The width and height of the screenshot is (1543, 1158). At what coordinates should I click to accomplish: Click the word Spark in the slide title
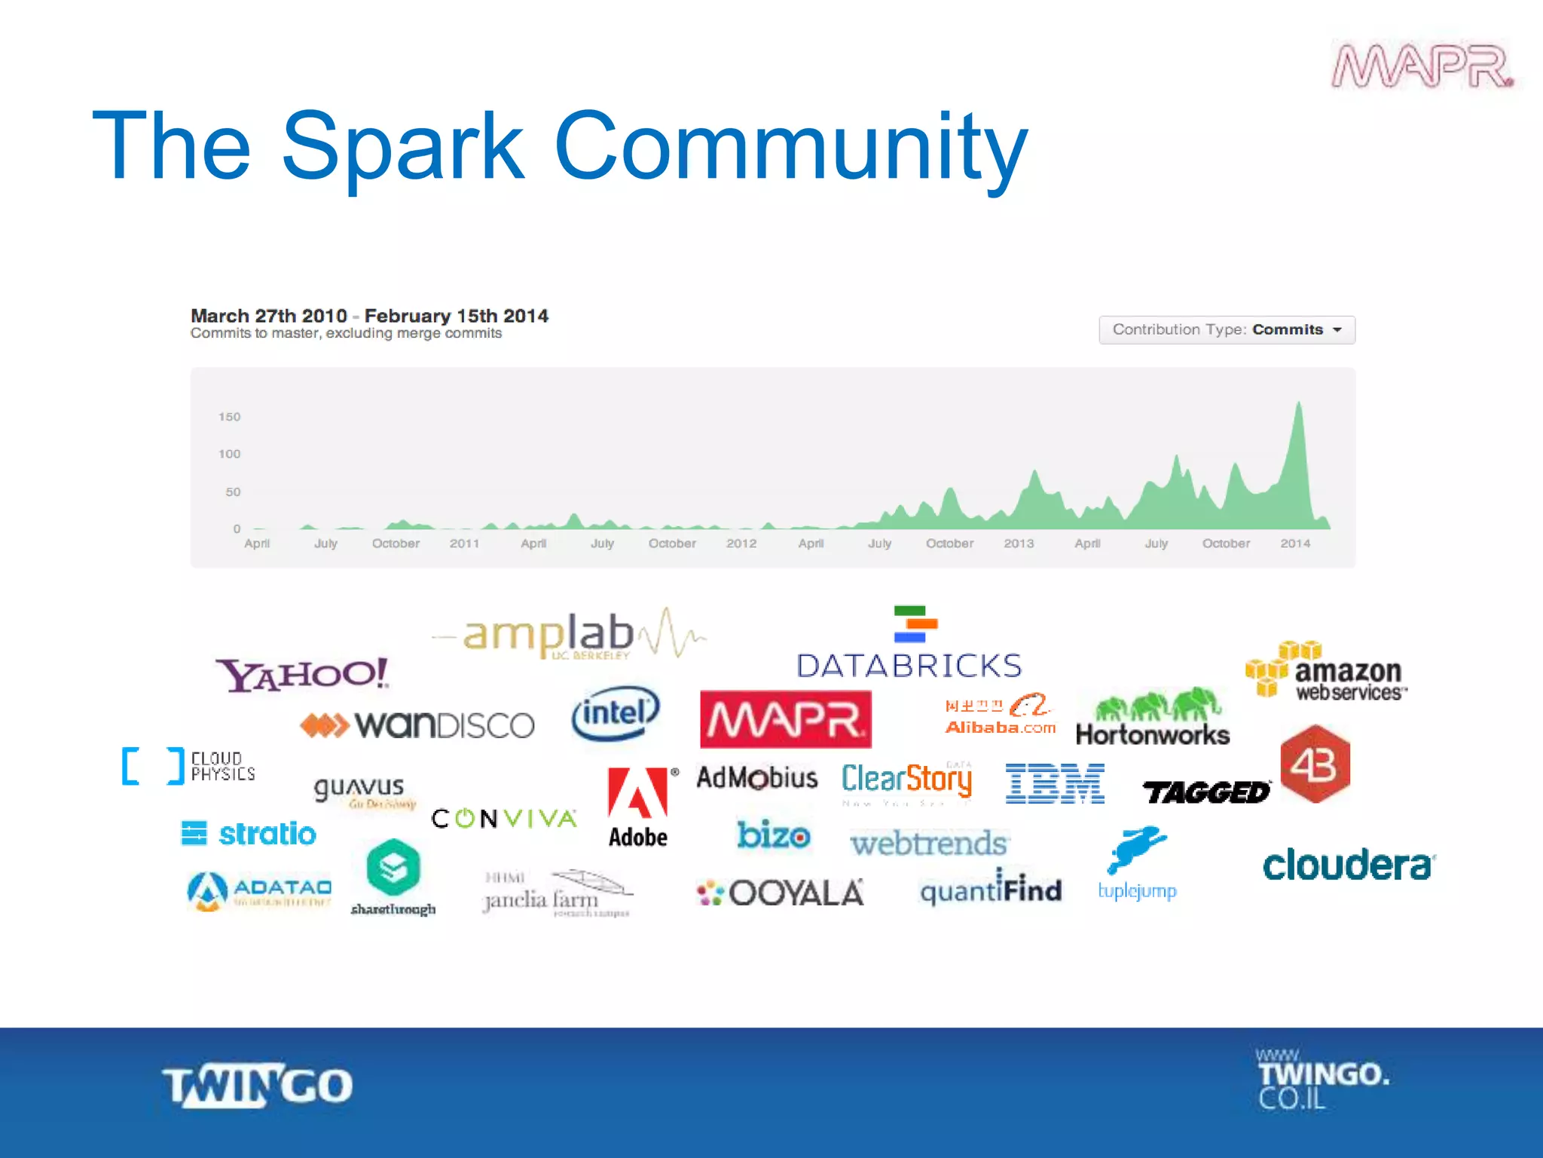(403, 147)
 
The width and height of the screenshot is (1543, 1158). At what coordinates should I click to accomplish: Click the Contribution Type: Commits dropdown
(1227, 329)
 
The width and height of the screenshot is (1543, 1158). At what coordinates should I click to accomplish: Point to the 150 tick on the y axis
(229, 417)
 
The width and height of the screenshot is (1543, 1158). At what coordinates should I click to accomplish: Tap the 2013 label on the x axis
(1019, 544)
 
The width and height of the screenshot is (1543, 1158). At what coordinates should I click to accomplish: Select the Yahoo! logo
(302, 674)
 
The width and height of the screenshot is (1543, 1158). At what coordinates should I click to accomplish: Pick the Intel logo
(616, 712)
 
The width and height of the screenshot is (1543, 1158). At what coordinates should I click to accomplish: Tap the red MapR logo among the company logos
(785, 719)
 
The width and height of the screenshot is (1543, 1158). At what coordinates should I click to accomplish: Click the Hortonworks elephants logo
(1153, 717)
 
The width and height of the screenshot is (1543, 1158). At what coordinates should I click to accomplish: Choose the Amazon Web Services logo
(1326, 671)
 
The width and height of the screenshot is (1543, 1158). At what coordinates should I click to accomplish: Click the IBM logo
(1055, 783)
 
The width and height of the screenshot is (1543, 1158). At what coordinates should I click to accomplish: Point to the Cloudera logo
(1349, 865)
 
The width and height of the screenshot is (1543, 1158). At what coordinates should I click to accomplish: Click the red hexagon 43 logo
(1315, 764)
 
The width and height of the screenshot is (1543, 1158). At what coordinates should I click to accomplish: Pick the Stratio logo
(249, 834)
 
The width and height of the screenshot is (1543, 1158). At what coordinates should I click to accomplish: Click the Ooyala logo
(781, 893)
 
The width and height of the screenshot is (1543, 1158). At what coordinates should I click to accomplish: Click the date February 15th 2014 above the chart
(456, 316)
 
